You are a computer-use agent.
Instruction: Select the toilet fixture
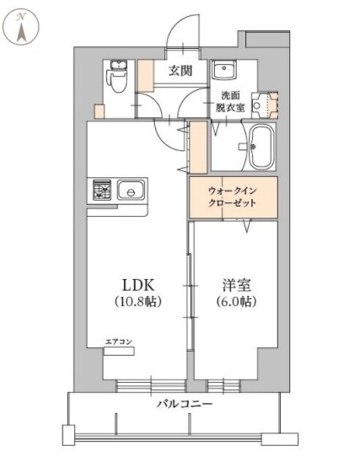coord(116,76)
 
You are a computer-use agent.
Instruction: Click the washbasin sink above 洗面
coord(224,71)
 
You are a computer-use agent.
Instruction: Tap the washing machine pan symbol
coord(265,104)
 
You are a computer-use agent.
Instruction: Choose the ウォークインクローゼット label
coord(233,197)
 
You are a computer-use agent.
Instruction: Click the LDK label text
coord(136,284)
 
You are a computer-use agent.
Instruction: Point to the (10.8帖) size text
coord(136,301)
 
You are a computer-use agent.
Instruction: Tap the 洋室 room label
coord(235,284)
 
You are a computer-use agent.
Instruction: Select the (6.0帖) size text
coord(235,301)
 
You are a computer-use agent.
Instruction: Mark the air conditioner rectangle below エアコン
coord(118,351)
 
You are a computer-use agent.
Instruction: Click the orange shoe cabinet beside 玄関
coord(146,75)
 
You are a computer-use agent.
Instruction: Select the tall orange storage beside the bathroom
coord(198,146)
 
